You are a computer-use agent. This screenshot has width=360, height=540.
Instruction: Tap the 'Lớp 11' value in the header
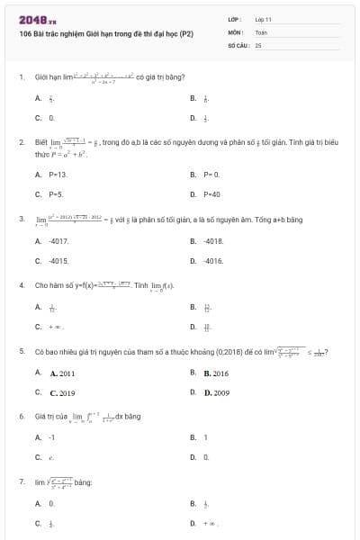[x=264, y=19]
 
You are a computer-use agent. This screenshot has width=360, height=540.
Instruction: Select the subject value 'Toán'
[x=261, y=31]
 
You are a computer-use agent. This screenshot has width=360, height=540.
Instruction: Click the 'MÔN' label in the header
[x=236, y=31]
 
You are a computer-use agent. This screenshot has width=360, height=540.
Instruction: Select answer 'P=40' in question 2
[x=211, y=193]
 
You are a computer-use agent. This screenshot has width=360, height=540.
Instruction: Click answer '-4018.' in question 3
[x=213, y=241]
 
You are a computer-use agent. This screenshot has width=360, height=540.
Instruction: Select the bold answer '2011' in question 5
[x=62, y=373]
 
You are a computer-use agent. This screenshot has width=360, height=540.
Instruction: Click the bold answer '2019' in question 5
[x=62, y=392]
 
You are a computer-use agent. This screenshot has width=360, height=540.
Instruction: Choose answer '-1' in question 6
[x=52, y=437]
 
